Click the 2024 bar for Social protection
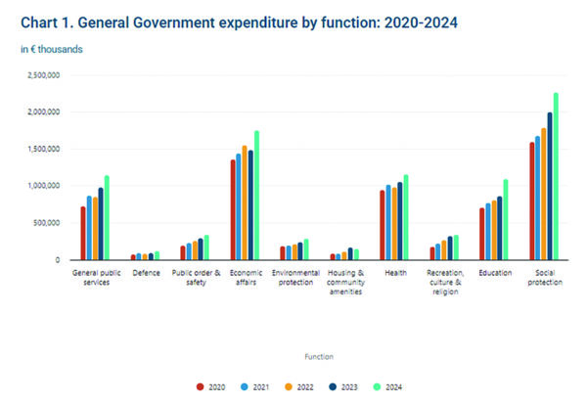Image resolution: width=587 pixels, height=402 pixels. click(556, 176)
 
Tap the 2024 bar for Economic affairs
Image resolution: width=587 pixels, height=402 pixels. click(256, 196)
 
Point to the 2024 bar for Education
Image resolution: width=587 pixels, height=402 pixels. click(506, 219)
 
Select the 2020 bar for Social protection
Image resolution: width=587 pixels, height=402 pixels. click(531, 201)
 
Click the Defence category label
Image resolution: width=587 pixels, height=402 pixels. click(147, 272)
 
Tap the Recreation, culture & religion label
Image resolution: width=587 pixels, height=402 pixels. click(442, 282)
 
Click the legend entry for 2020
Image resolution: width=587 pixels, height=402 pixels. click(210, 387)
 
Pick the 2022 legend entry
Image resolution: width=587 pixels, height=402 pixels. click(298, 387)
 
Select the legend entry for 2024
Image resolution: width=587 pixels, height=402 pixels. click(387, 387)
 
